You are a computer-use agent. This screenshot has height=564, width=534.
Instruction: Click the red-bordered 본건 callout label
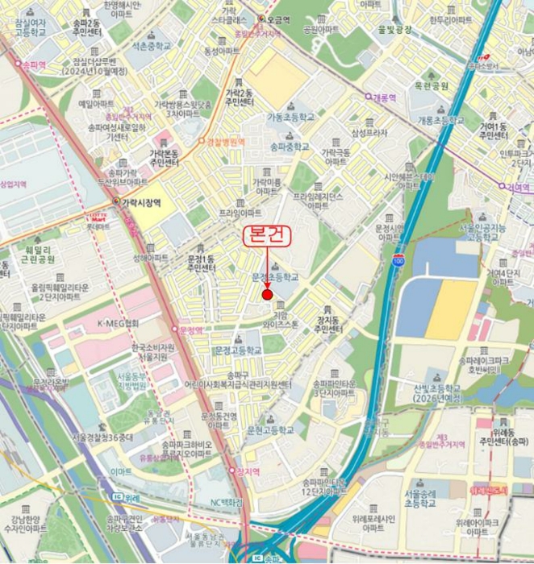(x=267, y=237)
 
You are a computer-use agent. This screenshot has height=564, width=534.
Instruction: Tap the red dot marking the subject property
(x=267, y=295)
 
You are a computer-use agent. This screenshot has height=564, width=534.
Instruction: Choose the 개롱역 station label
(x=385, y=97)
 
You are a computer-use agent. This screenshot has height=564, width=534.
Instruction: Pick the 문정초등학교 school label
(x=274, y=276)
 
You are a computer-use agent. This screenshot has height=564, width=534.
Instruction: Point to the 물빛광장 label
(x=394, y=30)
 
